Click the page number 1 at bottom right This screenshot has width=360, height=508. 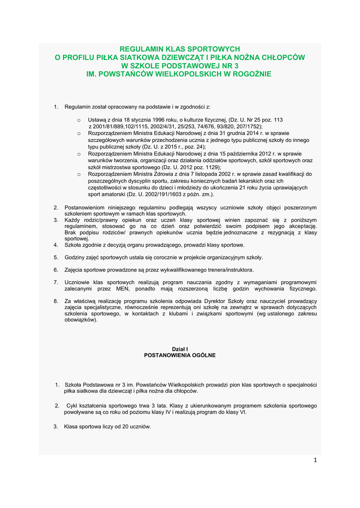click(x=315, y=460)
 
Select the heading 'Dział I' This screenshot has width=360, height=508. click(x=180, y=349)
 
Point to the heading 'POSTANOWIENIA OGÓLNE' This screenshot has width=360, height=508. click(x=180, y=355)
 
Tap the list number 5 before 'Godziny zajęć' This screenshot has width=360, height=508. click(x=56, y=257)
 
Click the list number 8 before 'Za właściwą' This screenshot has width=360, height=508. click(x=56, y=301)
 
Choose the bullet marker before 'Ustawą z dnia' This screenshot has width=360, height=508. click(x=79, y=121)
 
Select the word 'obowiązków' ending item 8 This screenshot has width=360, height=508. click(x=80, y=320)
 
